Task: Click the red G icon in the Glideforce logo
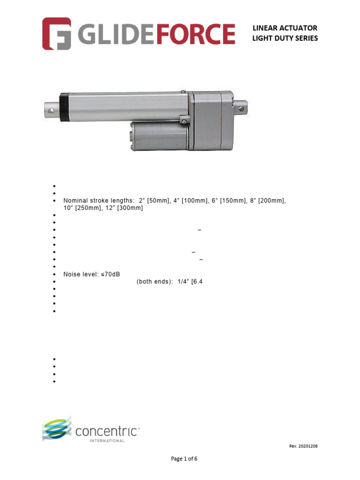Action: coord(57,33)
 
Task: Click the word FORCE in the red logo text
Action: coord(195,34)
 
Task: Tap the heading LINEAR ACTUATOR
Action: coord(285,28)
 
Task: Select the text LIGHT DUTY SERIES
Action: coord(285,38)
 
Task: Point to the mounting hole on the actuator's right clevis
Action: coord(242,109)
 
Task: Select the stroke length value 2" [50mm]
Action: coord(154,201)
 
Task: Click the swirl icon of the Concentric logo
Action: coord(57,427)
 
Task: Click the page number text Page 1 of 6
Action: coord(184,459)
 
